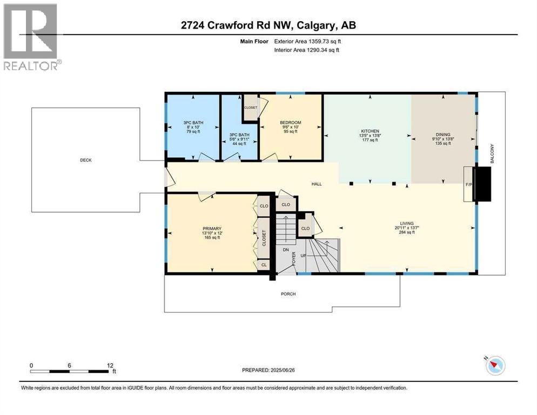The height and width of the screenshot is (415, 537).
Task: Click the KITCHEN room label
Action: coord(370,131)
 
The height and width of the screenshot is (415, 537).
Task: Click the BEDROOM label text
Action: coord(290,123)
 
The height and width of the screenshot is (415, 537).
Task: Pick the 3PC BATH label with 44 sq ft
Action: coord(239,135)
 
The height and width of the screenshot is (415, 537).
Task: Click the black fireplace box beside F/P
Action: coord(482,184)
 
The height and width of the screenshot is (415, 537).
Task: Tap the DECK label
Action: coord(86,160)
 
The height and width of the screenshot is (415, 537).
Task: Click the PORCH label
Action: coord(288,294)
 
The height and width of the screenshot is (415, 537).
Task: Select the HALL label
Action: coord(317,184)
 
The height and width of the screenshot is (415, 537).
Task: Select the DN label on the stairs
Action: coord(286,250)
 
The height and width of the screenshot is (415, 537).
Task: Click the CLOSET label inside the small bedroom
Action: coord(251,108)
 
